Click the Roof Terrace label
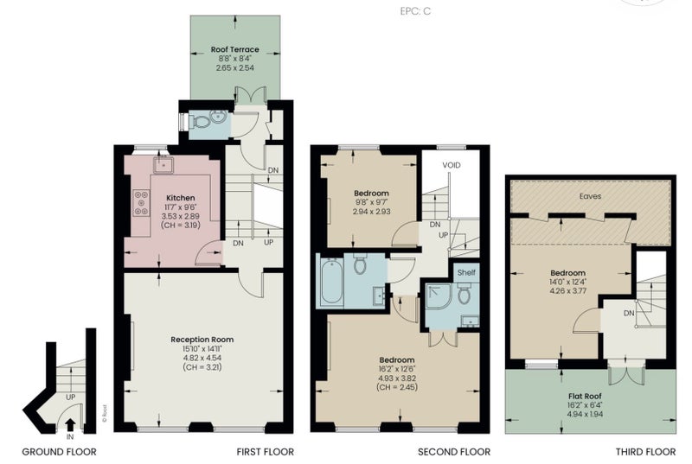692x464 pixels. point(234,49)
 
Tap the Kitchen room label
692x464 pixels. point(180,198)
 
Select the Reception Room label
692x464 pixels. point(202,340)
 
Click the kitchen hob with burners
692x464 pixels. point(141,203)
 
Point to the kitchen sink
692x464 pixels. point(163,165)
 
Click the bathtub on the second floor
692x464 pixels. point(332,281)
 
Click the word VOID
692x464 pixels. point(451,165)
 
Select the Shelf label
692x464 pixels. point(466,272)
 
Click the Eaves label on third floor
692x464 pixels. point(590,196)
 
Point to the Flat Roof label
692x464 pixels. point(585,396)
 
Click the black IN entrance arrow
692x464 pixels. point(70,424)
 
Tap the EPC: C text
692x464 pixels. point(415,11)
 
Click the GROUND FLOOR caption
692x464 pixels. point(59,452)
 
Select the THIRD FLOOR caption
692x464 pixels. point(645,452)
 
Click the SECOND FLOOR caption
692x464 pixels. point(454,452)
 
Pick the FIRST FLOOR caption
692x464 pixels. point(266,452)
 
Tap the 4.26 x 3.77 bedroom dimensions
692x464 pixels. point(568,290)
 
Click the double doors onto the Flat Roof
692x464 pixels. point(625,373)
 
